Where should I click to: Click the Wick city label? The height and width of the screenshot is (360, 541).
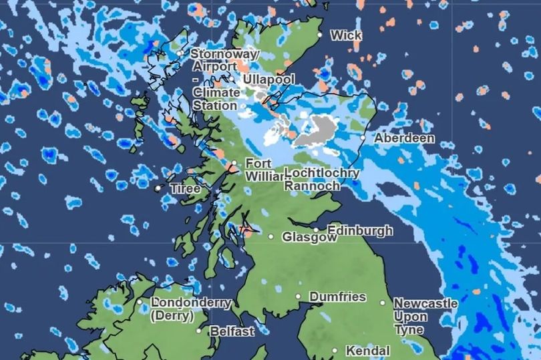[x=346, y=35]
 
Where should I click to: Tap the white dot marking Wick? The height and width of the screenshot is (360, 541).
[x=320, y=34]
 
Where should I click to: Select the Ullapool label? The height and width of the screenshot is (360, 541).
[x=268, y=79]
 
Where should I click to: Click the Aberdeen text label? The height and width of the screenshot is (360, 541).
[x=404, y=138]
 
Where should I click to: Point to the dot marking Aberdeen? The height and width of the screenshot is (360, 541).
[x=363, y=138]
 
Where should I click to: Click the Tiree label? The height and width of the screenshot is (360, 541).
[x=185, y=189]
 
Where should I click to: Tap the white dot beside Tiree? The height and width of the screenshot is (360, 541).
[x=158, y=189]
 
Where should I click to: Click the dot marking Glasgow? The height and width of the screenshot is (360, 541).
[x=271, y=236]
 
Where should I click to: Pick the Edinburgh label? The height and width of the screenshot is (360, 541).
[x=360, y=230]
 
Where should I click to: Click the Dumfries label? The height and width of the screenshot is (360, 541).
[x=337, y=297]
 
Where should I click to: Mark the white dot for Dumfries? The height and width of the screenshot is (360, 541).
[x=299, y=297]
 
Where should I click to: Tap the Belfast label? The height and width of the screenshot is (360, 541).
[x=232, y=331]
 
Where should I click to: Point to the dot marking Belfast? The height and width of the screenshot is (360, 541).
[x=198, y=330]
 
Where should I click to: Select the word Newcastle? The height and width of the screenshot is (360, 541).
[x=425, y=303]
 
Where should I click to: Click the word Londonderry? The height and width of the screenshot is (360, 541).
[x=191, y=303]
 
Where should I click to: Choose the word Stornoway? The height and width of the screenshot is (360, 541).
[x=224, y=53]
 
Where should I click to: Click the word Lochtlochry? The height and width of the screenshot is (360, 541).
[x=322, y=173]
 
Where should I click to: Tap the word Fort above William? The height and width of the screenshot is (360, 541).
[x=258, y=163]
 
